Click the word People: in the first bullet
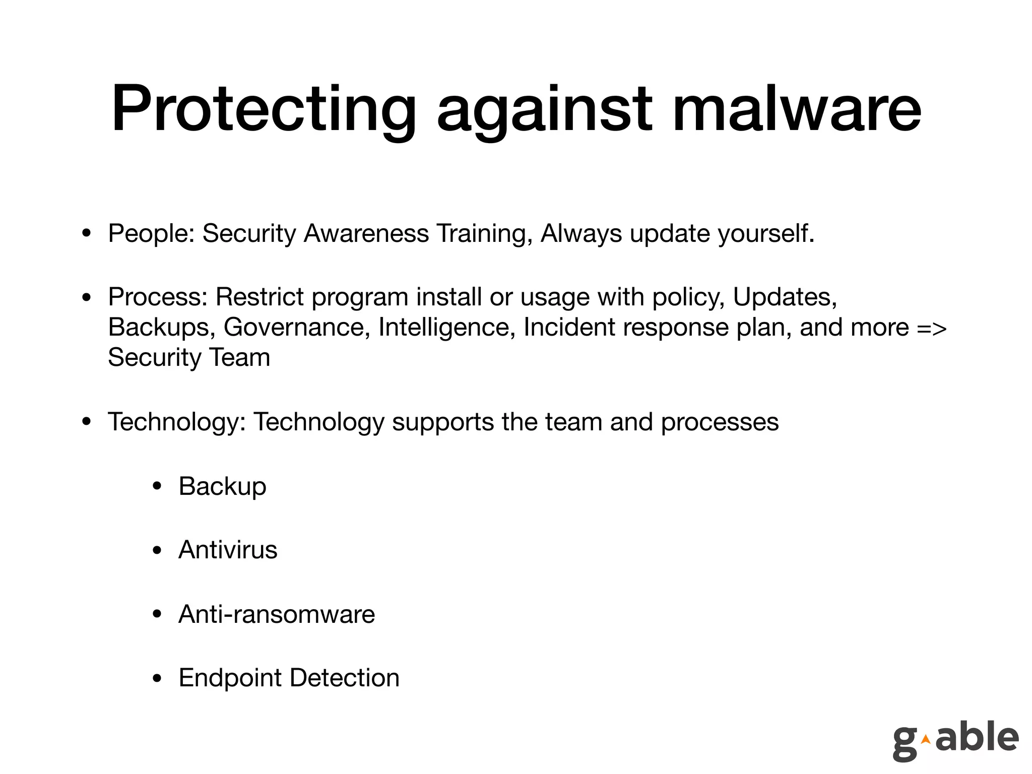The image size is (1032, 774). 151,234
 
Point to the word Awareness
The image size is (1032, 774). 366,233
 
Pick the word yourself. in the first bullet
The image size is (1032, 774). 766,234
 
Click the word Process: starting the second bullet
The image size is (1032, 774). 158,297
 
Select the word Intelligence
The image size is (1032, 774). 447,328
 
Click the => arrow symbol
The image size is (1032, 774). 932,328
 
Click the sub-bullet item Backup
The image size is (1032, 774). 222,487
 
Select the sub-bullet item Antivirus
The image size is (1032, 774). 228,550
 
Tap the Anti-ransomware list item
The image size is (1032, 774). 277,614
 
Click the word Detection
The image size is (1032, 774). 345,678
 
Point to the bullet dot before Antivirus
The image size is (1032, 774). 157,551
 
